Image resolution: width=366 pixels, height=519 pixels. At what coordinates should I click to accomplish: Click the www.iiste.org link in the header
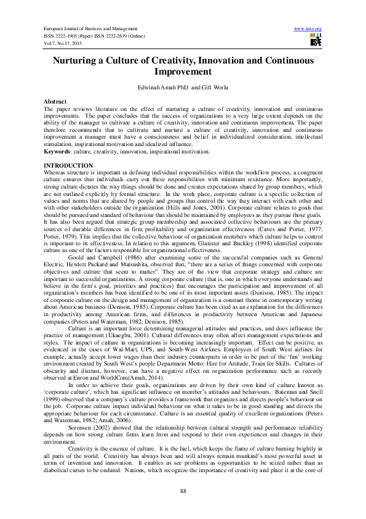308,28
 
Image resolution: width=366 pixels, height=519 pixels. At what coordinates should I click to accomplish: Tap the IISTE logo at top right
315,41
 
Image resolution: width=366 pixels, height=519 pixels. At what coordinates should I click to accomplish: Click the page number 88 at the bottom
183,490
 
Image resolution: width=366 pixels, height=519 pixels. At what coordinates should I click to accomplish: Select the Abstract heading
55,100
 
